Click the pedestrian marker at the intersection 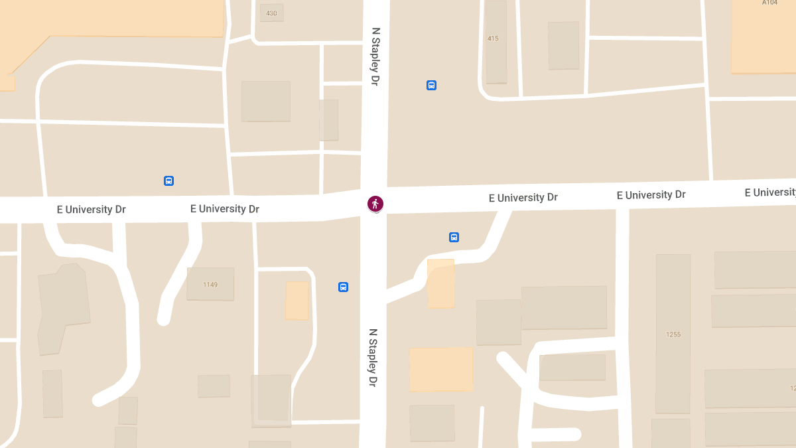[375, 204]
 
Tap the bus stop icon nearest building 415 [431, 85]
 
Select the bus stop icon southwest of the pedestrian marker [343, 287]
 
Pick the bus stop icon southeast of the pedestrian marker [454, 237]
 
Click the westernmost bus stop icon [168, 181]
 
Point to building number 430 [271, 13]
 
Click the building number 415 [493, 38]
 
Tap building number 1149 [210, 285]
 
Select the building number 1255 [673, 335]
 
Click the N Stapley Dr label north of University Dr [375, 56]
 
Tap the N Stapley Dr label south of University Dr [373, 358]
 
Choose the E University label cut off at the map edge [769, 192]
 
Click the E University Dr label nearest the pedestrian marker [523, 198]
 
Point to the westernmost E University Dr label [91, 210]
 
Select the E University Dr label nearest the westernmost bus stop [224, 209]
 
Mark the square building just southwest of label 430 [265, 101]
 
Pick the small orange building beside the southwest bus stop [297, 300]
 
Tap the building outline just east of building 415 [563, 45]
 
